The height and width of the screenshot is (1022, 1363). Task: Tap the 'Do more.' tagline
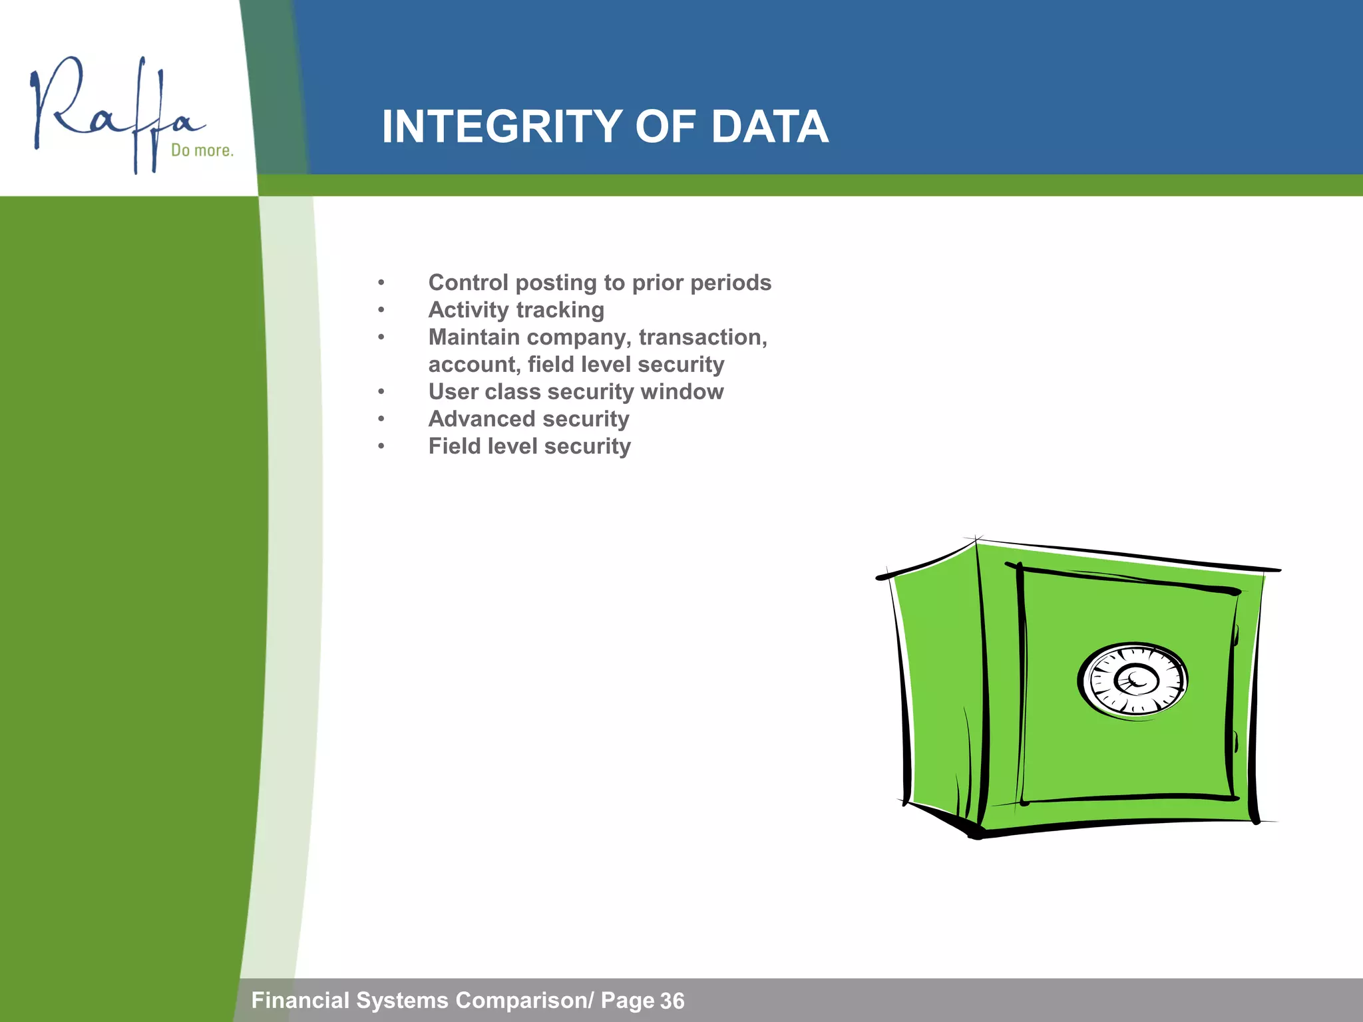point(202,150)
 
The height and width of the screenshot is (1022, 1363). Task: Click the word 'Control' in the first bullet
point(468,283)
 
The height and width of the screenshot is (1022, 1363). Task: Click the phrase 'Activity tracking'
point(516,310)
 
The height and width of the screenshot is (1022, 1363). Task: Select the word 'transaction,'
point(703,337)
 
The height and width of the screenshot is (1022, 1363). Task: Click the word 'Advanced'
point(481,419)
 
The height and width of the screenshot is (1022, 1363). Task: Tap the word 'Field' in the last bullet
point(454,446)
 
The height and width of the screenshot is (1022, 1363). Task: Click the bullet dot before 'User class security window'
point(381,392)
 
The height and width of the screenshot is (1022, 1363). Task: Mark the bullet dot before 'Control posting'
point(381,283)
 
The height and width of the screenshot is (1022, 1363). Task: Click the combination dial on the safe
point(1133,679)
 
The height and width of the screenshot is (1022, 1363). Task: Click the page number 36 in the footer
point(672,1001)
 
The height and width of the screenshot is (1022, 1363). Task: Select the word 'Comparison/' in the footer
point(524,1000)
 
